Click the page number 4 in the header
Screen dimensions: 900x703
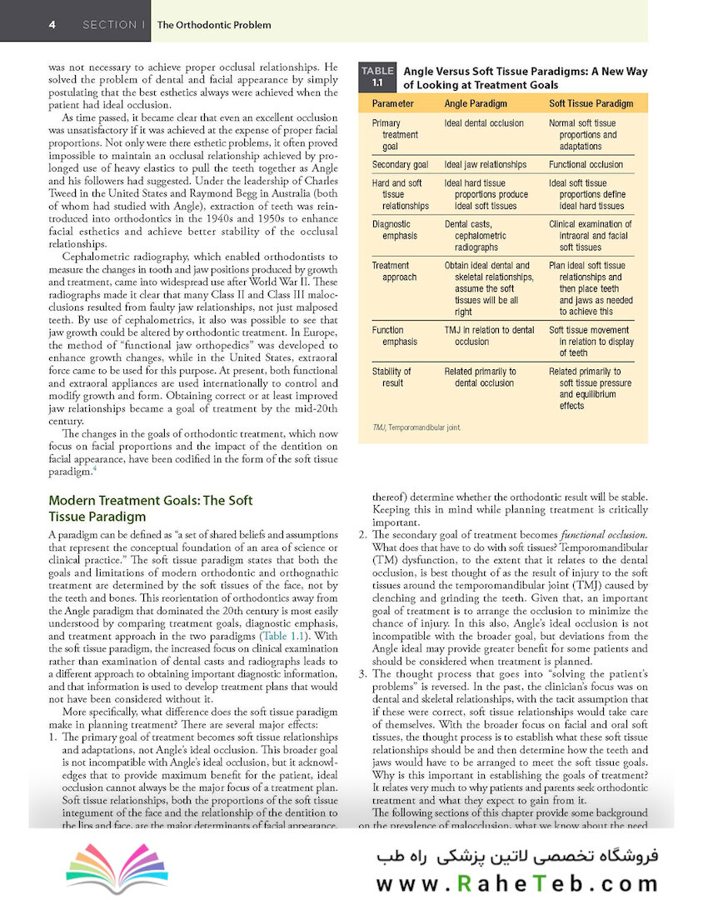point(52,24)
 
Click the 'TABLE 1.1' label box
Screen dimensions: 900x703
point(376,77)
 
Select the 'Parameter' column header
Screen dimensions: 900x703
point(392,104)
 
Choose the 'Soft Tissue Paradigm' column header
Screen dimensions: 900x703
point(591,104)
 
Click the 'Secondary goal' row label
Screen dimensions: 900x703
point(400,165)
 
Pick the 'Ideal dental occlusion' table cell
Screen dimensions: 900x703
point(484,123)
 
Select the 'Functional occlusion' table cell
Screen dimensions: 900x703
point(586,165)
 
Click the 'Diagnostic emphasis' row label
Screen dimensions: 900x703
point(393,230)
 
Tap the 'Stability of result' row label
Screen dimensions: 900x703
point(391,377)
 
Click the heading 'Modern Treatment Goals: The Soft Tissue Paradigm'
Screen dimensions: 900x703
point(150,508)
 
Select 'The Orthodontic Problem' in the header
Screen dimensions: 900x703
point(214,25)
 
